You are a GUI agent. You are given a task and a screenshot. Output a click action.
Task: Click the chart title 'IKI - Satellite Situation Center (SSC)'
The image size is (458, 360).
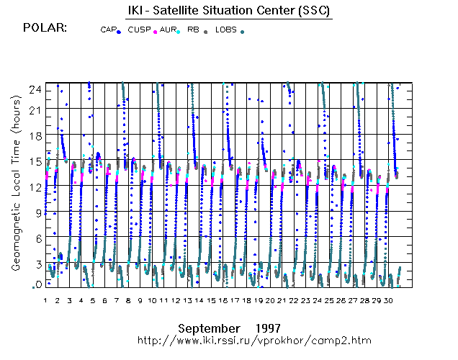(x=229, y=11)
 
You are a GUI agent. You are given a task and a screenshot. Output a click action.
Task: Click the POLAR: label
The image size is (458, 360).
(x=45, y=28)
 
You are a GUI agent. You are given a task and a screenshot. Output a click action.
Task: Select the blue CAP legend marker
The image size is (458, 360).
(x=119, y=32)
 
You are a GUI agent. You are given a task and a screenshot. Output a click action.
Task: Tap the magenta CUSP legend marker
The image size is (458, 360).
(x=155, y=32)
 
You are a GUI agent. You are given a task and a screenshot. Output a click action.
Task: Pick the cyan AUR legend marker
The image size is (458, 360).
(x=178, y=32)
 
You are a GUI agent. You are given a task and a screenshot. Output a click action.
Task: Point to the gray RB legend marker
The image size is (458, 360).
(x=206, y=32)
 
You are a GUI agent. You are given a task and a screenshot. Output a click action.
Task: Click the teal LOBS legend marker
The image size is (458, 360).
(x=242, y=32)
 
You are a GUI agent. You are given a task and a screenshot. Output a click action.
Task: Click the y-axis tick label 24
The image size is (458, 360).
(x=35, y=90)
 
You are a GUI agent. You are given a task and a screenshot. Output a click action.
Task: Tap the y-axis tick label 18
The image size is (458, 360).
(x=35, y=136)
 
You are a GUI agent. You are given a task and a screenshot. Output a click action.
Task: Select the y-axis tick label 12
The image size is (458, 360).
(x=35, y=187)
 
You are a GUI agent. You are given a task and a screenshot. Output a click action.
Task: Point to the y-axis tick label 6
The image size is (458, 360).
(x=39, y=239)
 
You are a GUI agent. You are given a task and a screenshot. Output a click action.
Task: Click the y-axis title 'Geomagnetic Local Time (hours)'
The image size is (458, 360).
(x=16, y=184)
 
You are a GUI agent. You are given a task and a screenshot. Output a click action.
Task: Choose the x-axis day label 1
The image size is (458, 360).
(x=45, y=300)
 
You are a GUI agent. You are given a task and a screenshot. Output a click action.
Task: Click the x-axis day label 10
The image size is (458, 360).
(x=152, y=300)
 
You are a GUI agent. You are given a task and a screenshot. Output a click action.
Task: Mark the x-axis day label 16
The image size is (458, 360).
(x=223, y=300)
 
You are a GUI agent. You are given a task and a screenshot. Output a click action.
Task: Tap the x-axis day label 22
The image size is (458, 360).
(x=294, y=300)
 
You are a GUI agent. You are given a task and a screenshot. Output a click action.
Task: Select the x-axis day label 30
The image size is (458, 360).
(x=388, y=300)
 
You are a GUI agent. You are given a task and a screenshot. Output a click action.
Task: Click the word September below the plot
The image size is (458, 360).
(x=209, y=329)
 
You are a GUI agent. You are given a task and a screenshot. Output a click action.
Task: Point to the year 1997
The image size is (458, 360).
(x=268, y=328)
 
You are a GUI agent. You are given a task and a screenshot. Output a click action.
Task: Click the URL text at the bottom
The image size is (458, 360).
(x=254, y=341)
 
